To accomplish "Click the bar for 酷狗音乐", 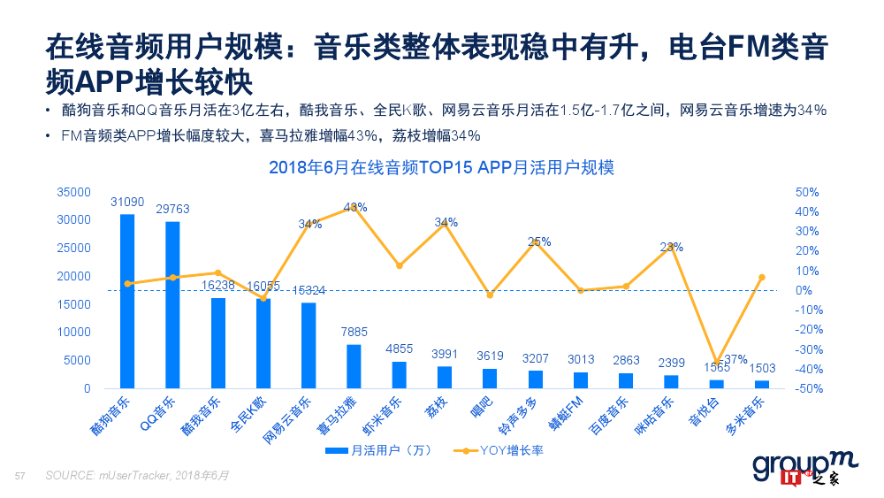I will click(x=127, y=301).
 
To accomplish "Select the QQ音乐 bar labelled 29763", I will click(x=172, y=304).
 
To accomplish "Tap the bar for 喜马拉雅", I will click(x=354, y=366).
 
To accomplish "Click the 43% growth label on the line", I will click(x=355, y=207).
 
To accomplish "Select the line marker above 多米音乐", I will click(x=762, y=278).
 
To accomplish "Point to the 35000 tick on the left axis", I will click(x=73, y=192).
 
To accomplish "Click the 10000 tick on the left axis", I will click(x=73, y=333).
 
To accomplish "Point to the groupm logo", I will click(x=793, y=466).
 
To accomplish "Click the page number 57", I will click(x=19, y=476).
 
